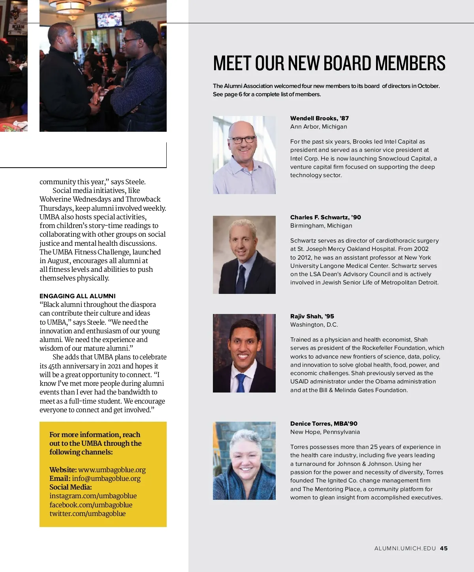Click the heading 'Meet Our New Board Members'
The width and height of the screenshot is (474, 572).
[x=329, y=63]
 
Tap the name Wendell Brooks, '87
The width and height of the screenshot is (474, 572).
[x=319, y=118]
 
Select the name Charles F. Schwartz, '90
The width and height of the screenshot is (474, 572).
[x=325, y=217]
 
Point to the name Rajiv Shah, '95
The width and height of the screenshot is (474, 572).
[x=312, y=316]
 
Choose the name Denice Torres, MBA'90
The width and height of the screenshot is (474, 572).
[x=324, y=424]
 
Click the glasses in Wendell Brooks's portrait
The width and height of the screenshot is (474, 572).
[x=243, y=140]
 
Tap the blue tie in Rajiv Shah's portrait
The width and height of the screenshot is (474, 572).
[x=241, y=382]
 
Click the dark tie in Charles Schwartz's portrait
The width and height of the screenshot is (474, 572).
[x=241, y=280]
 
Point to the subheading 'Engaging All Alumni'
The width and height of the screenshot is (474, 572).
[x=77, y=296]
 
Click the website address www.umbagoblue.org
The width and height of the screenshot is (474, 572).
[x=112, y=470]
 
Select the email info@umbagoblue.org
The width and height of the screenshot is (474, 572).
[x=106, y=479]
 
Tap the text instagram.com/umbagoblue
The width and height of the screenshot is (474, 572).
[x=93, y=496]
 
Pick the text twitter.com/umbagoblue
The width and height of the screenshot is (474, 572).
[x=87, y=514]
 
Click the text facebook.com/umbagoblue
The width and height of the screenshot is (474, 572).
[x=91, y=505]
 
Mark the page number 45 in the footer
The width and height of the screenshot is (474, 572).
[x=444, y=548]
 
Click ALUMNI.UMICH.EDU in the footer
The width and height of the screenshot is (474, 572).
[x=405, y=548]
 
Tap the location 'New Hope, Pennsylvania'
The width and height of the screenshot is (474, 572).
[x=325, y=432]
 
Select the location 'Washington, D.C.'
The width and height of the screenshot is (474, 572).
[x=314, y=325]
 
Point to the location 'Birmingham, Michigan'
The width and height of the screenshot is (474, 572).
[x=321, y=226]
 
